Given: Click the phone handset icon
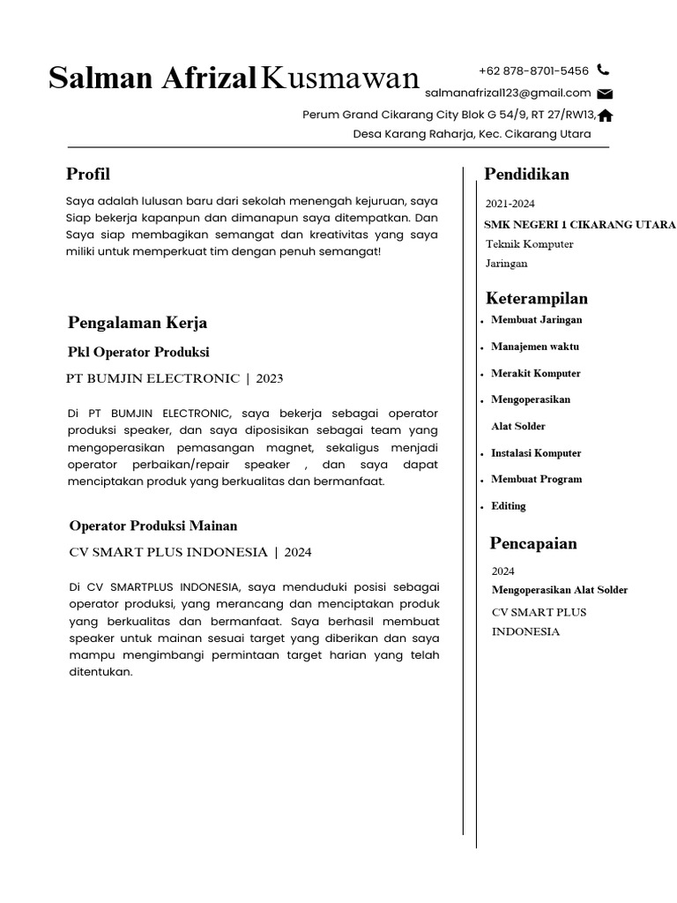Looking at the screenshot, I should pyautogui.click(x=603, y=70).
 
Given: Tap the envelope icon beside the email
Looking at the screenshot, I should pyautogui.click(x=605, y=93).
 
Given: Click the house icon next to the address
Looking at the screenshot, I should pyautogui.click(x=606, y=115).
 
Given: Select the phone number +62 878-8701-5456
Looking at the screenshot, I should pyautogui.click(x=533, y=71).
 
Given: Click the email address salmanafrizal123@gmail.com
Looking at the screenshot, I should pyautogui.click(x=508, y=93).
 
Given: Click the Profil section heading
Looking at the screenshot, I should pyautogui.click(x=88, y=174).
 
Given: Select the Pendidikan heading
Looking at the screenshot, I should pyautogui.click(x=526, y=174).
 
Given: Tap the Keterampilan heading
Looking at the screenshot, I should pyautogui.click(x=536, y=298).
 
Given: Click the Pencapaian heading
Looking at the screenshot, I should pyautogui.click(x=532, y=543).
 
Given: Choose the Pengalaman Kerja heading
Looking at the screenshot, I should pyautogui.click(x=138, y=322).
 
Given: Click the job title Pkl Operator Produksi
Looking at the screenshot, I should pyautogui.click(x=138, y=352).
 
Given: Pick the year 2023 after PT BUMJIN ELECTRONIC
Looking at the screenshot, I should pyautogui.click(x=270, y=378).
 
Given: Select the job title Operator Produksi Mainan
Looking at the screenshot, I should pyautogui.click(x=153, y=526).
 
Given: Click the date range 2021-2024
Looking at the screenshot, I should pyautogui.click(x=510, y=204).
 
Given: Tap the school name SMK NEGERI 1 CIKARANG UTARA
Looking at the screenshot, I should pyautogui.click(x=580, y=224).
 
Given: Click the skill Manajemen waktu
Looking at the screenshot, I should pyautogui.click(x=535, y=347).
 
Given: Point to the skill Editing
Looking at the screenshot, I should pyautogui.click(x=509, y=506).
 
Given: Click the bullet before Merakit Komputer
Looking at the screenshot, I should pyautogui.click(x=482, y=376).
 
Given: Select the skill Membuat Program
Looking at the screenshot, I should pyautogui.click(x=536, y=479).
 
